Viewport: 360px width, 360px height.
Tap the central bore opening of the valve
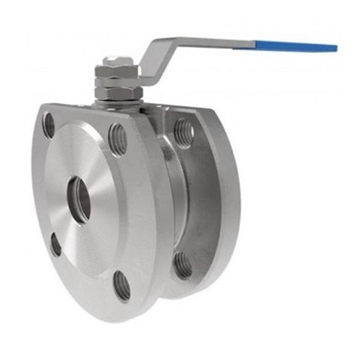79,199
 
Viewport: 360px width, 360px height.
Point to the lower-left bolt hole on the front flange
56,243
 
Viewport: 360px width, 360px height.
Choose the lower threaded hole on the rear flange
184,265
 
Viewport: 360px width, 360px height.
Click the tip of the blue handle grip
334,47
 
